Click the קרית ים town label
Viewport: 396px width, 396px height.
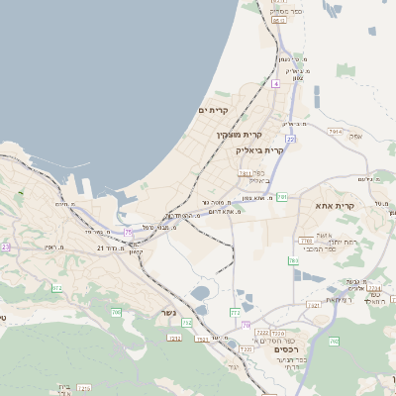click(214, 109)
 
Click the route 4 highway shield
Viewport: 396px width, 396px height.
click(275, 84)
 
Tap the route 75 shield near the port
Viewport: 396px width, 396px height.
click(129, 232)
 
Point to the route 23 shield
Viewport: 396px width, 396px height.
click(5, 247)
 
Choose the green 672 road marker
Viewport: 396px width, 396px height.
click(56, 288)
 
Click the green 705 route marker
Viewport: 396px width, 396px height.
click(116, 313)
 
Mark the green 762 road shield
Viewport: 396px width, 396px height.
click(294, 260)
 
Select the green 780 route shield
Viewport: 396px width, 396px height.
click(283, 197)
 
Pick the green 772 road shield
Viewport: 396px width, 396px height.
click(236, 312)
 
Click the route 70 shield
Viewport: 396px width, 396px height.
click(245, 325)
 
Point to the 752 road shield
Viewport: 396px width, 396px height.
click(187, 324)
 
